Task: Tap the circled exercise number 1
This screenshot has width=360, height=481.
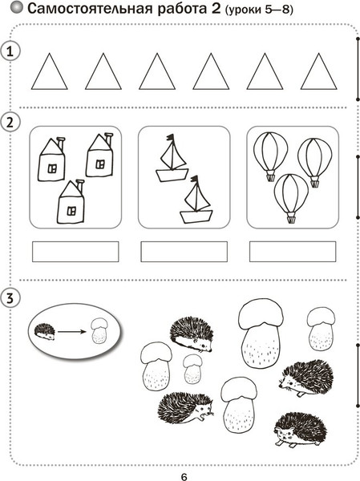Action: coord(10,51)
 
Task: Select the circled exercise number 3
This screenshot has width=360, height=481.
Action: coord(10,298)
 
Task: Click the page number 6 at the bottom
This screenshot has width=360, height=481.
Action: coord(184,476)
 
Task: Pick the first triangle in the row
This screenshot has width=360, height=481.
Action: coord(49,71)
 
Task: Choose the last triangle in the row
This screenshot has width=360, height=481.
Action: coord(318,71)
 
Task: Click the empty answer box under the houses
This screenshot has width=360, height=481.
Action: coord(75,252)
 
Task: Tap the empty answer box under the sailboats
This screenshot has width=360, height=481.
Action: coord(184,252)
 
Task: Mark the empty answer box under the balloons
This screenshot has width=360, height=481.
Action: coord(293,252)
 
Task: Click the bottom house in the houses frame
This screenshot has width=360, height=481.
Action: coord(71,202)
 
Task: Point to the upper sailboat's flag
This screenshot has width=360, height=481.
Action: coord(170,138)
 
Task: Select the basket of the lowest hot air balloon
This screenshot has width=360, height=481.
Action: coord(290,219)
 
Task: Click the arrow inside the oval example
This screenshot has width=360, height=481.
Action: coord(71,332)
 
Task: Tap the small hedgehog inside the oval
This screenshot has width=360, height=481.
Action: coord(45,332)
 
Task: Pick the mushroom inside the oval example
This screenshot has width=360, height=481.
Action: coord(100,331)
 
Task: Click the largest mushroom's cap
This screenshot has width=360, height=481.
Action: coord(261,313)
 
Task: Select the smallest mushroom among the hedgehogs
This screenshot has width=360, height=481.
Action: coord(192,369)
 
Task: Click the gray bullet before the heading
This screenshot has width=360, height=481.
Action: coord(17,8)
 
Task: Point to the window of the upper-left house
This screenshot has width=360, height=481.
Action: coord(52,168)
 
